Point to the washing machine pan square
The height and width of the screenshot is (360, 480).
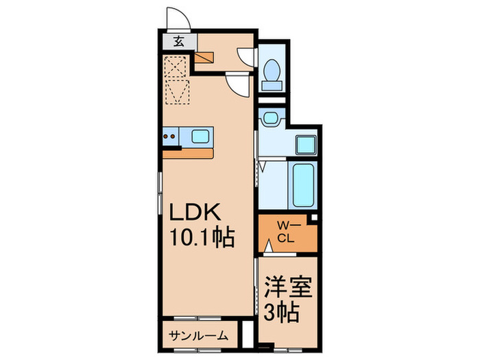305,145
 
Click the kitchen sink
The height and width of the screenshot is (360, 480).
201,136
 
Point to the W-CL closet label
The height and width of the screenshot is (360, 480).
285,232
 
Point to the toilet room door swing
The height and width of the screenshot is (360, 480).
245,56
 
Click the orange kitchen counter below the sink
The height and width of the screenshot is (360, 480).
189,153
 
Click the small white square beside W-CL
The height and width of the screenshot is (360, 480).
313,218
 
